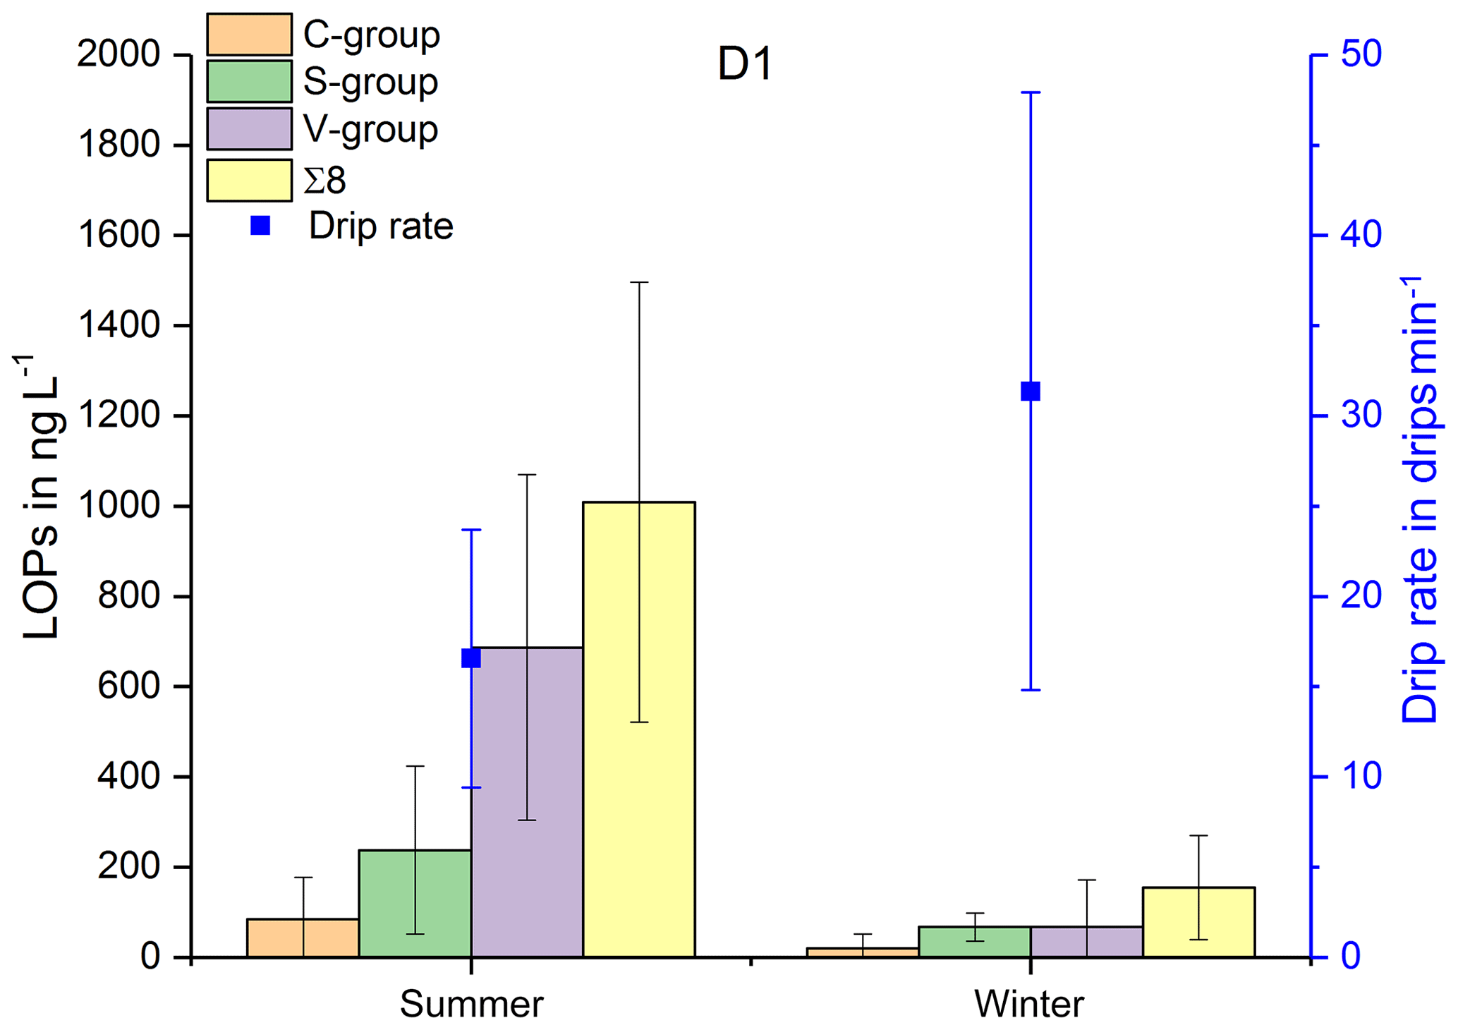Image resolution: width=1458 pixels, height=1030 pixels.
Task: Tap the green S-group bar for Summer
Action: click(x=415, y=904)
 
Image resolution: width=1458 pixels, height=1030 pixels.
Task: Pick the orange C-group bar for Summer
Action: click(x=303, y=938)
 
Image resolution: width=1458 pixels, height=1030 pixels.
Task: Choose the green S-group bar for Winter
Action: click(x=975, y=942)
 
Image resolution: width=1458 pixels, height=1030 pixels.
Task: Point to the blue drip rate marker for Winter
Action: click(x=1031, y=392)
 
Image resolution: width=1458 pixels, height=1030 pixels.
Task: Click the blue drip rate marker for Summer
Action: click(x=471, y=658)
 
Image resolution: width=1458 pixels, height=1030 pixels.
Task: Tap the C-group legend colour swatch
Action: click(x=249, y=34)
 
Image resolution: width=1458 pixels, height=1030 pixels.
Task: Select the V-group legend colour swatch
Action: click(x=249, y=128)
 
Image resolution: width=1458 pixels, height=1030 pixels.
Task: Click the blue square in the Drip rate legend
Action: click(x=260, y=226)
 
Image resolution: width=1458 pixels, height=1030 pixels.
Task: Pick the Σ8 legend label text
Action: click(x=324, y=181)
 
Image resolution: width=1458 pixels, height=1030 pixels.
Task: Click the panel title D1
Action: click(x=745, y=63)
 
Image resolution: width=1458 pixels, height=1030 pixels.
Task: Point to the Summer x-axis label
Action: click(x=471, y=1003)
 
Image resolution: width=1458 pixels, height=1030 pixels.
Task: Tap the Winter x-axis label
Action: click(x=1029, y=1003)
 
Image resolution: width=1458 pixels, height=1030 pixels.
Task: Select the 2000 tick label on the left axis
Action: click(x=119, y=54)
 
